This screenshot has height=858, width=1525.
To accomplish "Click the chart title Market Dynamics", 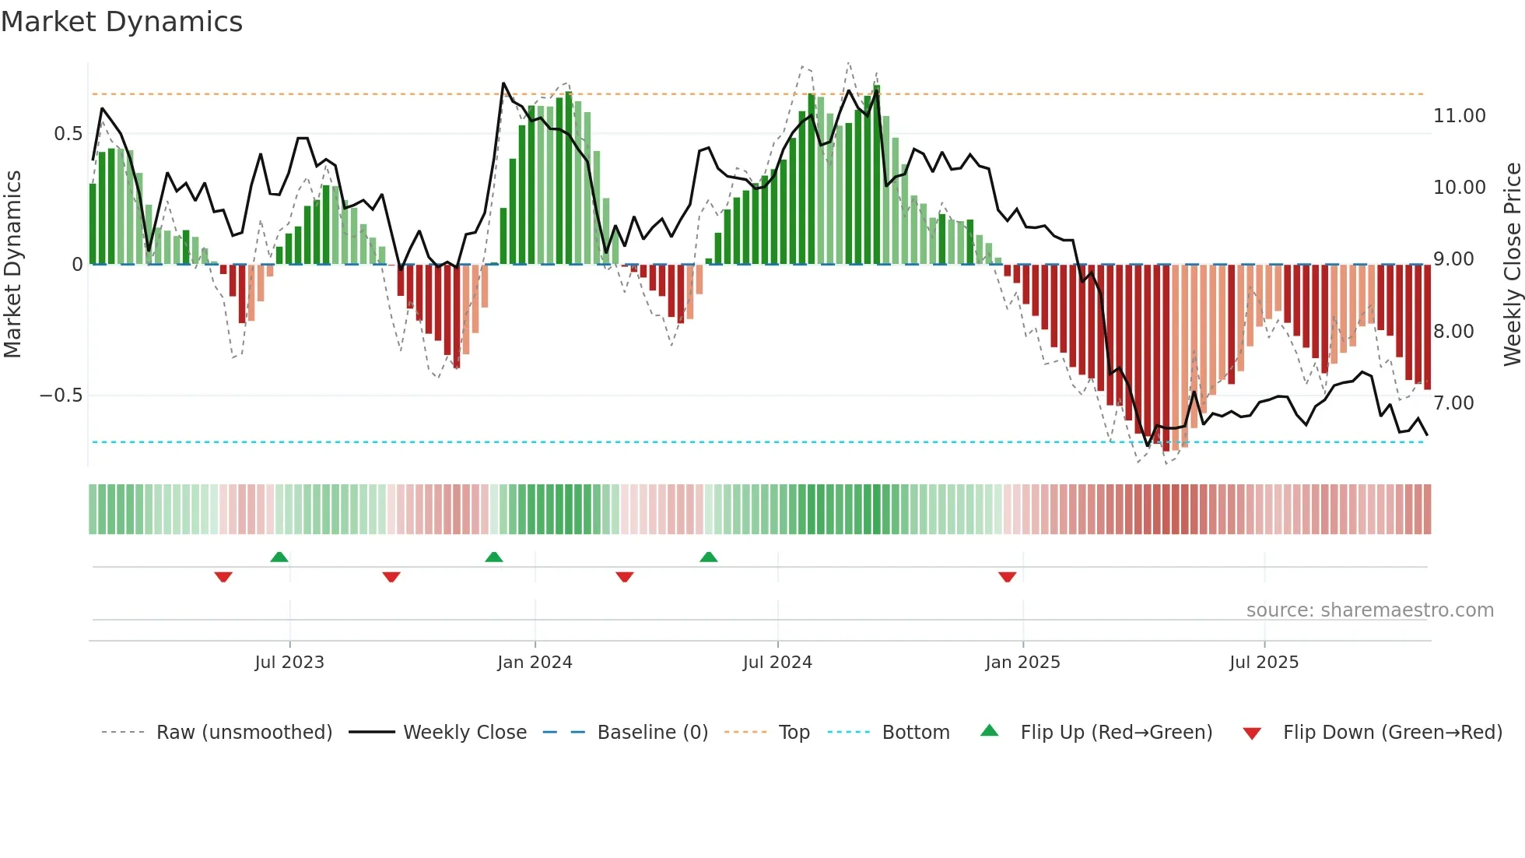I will tap(121, 22).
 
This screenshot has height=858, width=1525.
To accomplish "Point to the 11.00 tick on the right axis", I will tap(1459, 116).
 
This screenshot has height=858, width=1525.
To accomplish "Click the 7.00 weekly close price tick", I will tap(1453, 403).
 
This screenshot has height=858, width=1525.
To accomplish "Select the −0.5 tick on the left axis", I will tap(61, 396).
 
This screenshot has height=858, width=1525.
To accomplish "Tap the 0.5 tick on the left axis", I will tap(68, 134).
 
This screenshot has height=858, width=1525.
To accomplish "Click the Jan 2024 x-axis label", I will tap(535, 663).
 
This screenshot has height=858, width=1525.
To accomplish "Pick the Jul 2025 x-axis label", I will tap(1264, 663).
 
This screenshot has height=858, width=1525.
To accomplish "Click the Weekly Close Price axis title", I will tap(1512, 265).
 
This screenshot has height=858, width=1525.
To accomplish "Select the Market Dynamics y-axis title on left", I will tap(12, 265).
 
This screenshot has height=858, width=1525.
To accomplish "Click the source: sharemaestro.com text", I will tap(1369, 610).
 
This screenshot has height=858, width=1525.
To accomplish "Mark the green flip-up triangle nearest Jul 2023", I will tap(279, 557).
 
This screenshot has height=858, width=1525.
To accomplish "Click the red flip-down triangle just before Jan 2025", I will tap(1007, 577).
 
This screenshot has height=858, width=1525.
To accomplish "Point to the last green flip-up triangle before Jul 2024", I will tap(708, 557).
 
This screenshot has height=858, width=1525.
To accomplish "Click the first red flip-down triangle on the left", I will tap(223, 577).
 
